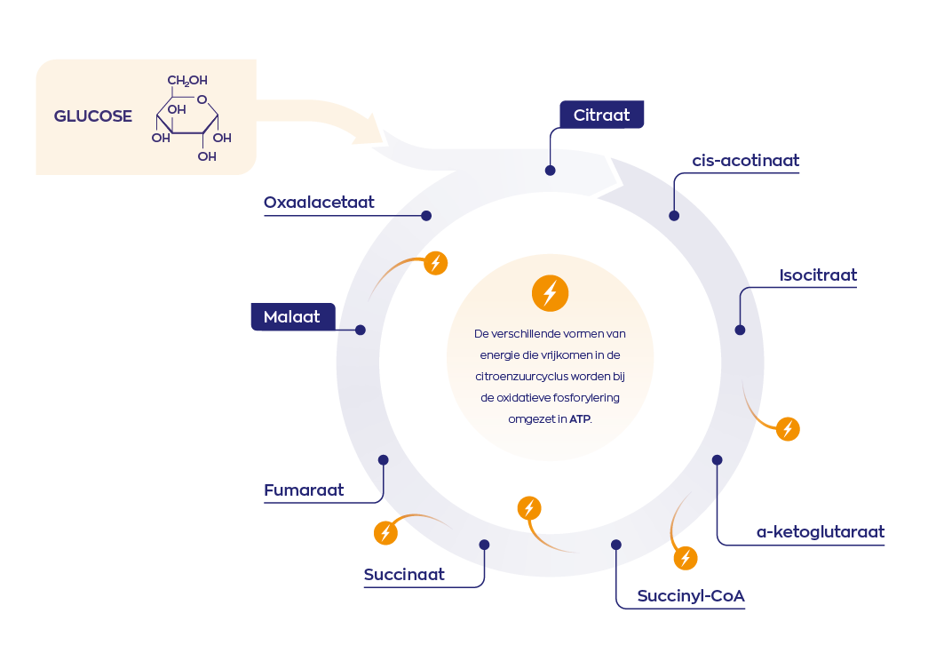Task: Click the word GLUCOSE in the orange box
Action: click(93, 116)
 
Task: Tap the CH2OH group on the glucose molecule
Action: click(187, 81)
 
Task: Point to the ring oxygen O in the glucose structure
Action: click(202, 100)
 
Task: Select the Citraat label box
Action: click(601, 115)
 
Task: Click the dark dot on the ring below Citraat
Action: click(551, 170)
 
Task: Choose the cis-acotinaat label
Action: click(746, 161)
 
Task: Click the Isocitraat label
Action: click(818, 275)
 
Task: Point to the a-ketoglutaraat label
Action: click(820, 532)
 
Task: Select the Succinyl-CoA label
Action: click(691, 595)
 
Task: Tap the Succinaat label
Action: click(404, 575)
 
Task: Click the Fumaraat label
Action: click(304, 490)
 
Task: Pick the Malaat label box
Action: click(292, 316)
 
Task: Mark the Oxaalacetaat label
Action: click(319, 203)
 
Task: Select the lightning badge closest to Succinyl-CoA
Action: click(685, 558)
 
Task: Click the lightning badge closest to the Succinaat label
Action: click(385, 532)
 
